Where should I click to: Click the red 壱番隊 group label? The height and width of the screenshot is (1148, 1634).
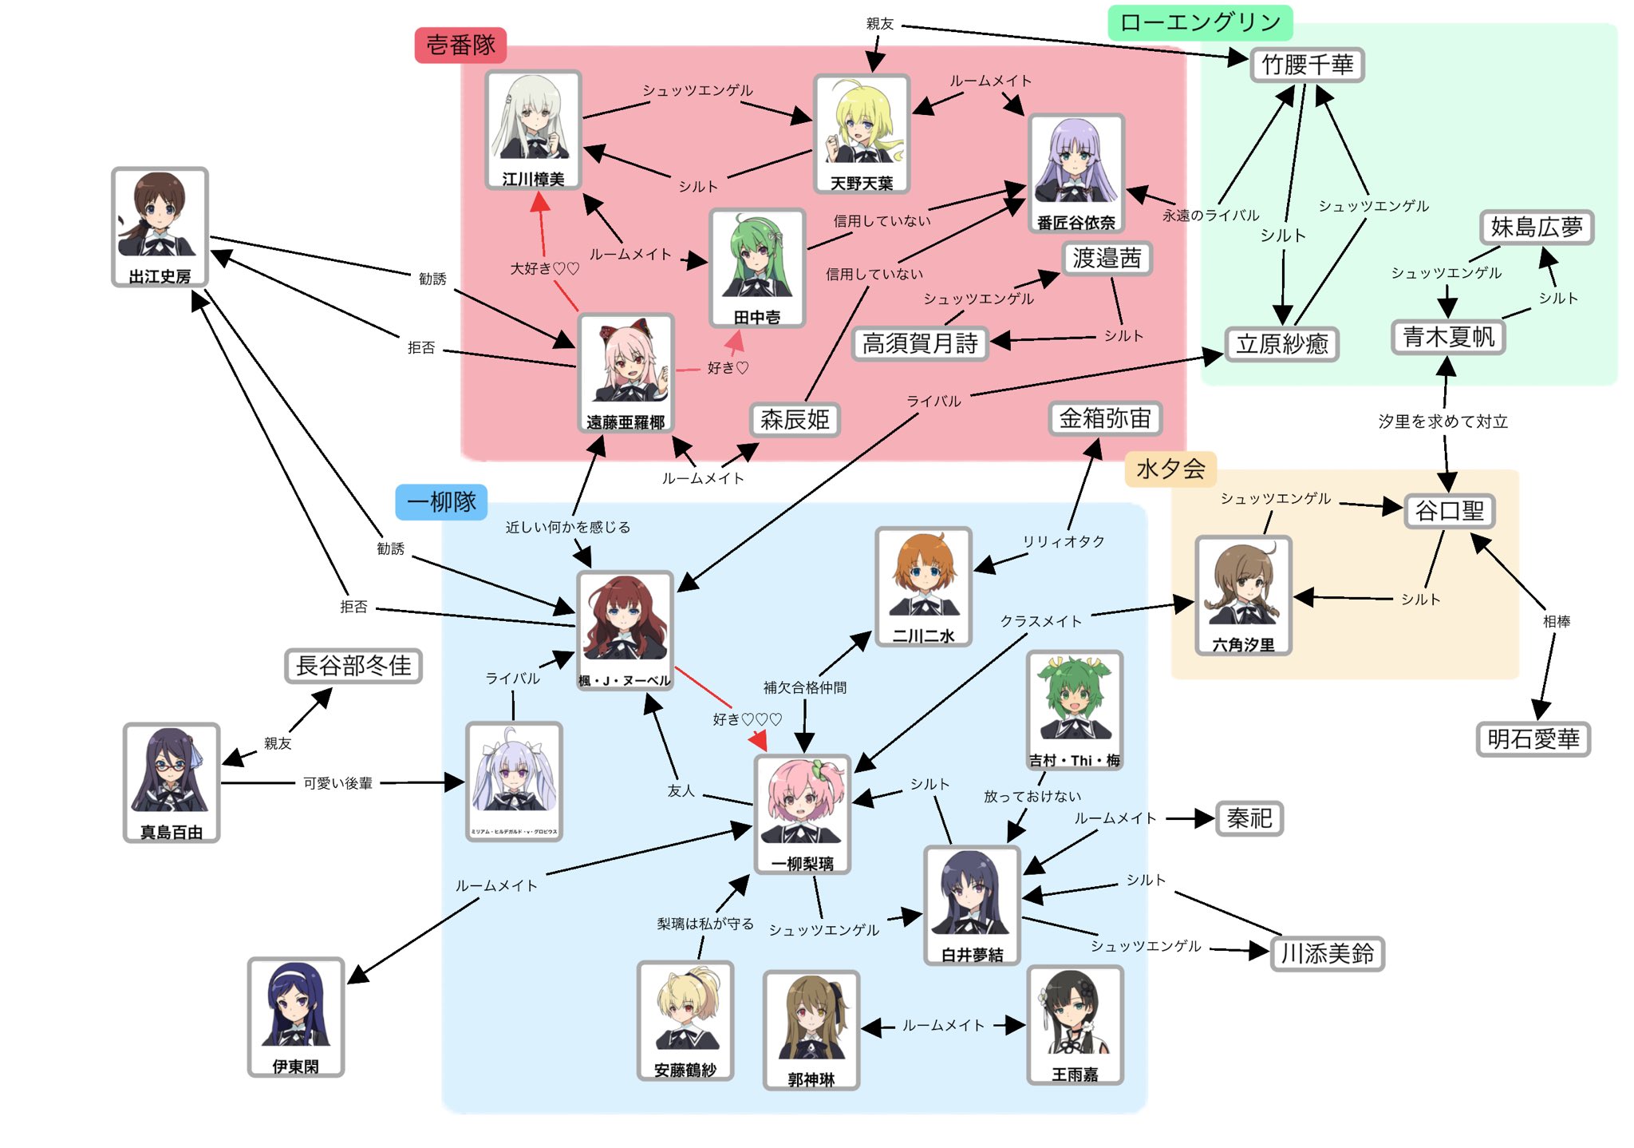pos(460,45)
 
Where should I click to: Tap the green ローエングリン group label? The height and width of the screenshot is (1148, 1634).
pos(1199,22)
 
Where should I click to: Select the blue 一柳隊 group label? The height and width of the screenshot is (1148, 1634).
pos(441,502)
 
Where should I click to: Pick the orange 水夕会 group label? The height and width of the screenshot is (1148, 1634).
pos(1170,469)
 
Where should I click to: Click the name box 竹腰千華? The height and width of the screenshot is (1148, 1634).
pos(1307,65)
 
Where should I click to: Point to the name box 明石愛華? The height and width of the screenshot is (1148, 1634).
pos(1533,738)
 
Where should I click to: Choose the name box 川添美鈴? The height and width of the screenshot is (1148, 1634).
pos(1327,953)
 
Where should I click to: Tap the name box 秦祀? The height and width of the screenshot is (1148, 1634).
pos(1249,818)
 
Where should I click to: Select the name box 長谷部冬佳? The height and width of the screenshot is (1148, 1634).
pos(353,665)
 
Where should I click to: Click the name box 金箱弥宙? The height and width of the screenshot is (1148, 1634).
pos(1104,418)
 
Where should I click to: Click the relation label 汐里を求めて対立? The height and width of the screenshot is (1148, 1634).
pos(1443,422)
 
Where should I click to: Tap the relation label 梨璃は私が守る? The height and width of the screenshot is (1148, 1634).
pos(705,924)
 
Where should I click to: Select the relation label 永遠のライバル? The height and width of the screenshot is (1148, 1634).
pos(1210,216)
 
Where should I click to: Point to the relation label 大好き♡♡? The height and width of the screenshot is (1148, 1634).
pos(544,269)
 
